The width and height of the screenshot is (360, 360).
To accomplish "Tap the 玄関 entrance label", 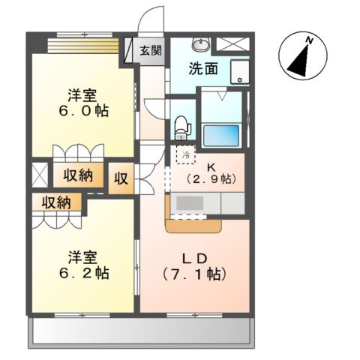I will [151, 51].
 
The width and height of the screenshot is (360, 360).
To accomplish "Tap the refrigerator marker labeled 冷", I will [184, 154].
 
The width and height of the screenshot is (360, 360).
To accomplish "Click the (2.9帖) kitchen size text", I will [211, 179].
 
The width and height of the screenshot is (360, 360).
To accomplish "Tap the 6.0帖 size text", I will [82, 110].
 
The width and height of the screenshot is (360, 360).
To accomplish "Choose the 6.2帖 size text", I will [82, 273].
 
